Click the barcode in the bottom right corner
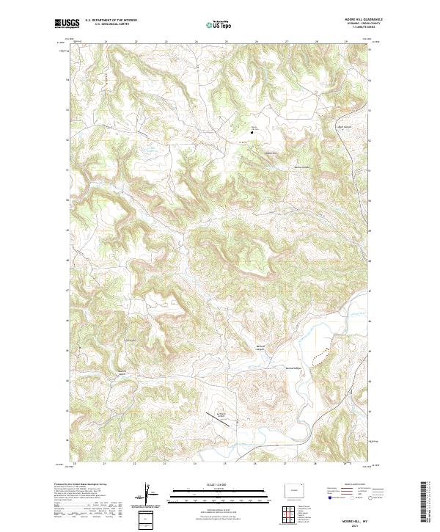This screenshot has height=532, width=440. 424,503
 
